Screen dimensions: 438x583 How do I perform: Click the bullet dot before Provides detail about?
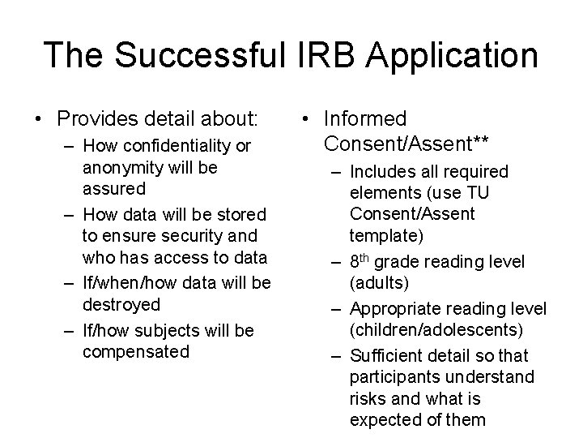pos(40,119)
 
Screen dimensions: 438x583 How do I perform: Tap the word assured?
pos(114,189)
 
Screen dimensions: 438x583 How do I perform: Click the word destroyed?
pos(121,304)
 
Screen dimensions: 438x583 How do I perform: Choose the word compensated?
pos(135,351)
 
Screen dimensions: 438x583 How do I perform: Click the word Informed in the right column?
pos(364,119)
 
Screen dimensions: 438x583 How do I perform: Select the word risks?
pos(368,398)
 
